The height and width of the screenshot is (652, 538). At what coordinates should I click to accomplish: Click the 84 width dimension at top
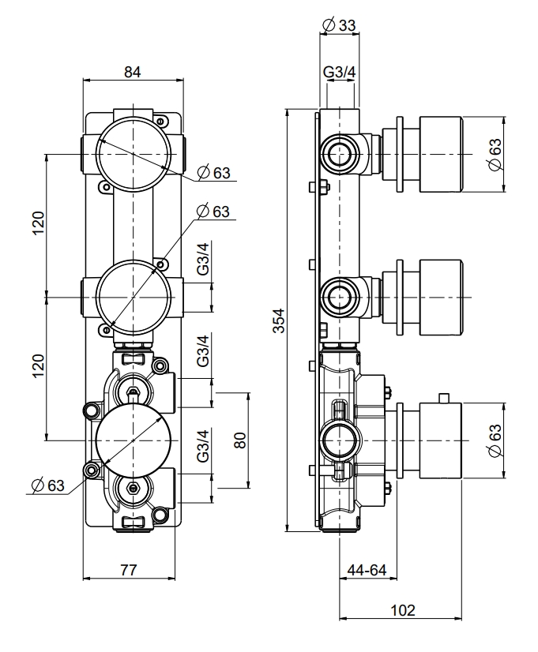click(x=132, y=72)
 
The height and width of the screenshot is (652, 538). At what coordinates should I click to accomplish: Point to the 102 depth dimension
click(x=403, y=609)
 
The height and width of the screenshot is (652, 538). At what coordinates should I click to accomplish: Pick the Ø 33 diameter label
click(x=339, y=25)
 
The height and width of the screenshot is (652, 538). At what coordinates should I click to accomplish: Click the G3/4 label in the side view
click(x=339, y=73)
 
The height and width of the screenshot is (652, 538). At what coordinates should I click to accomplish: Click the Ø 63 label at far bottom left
click(x=48, y=485)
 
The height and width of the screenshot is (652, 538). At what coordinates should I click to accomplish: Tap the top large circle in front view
click(x=132, y=152)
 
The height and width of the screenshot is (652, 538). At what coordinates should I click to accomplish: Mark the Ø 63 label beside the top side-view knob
click(x=495, y=153)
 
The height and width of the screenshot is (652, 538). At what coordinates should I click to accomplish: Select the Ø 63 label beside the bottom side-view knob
click(x=495, y=440)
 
